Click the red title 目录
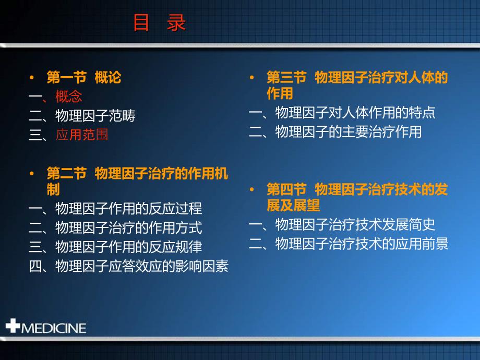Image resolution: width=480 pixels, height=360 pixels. (160, 22)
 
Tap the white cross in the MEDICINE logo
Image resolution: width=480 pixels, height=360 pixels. (13, 326)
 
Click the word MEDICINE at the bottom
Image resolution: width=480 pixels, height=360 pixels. (54, 328)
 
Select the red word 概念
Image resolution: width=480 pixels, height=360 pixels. (68, 97)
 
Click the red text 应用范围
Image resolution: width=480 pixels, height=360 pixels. (82, 135)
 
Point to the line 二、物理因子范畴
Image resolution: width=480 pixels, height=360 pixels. (82, 116)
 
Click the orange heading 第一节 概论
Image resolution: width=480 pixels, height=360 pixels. (84, 77)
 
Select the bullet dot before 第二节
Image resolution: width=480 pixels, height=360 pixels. (31, 174)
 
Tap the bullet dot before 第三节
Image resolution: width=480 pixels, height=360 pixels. (251, 77)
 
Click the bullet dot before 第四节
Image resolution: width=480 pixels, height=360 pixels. (251, 189)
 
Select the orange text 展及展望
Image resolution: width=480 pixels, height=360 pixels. (293, 205)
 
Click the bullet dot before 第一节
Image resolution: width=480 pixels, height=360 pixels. (31, 77)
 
